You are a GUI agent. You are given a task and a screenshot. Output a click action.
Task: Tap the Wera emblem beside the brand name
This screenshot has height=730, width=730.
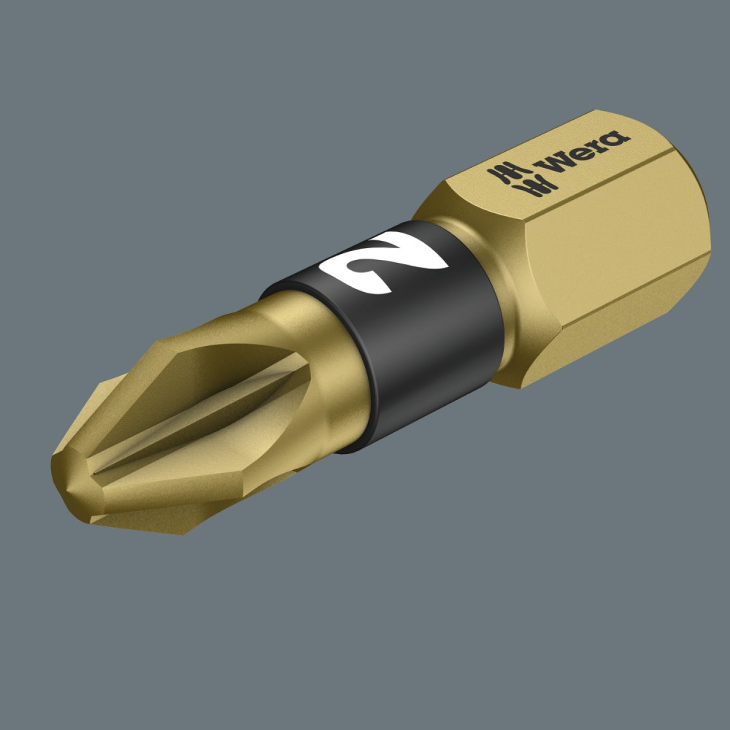click(x=522, y=179)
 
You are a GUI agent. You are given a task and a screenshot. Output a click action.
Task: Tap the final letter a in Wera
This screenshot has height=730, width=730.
click(x=616, y=139)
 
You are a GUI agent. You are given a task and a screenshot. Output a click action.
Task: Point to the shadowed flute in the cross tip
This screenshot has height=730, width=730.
click(x=196, y=410)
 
